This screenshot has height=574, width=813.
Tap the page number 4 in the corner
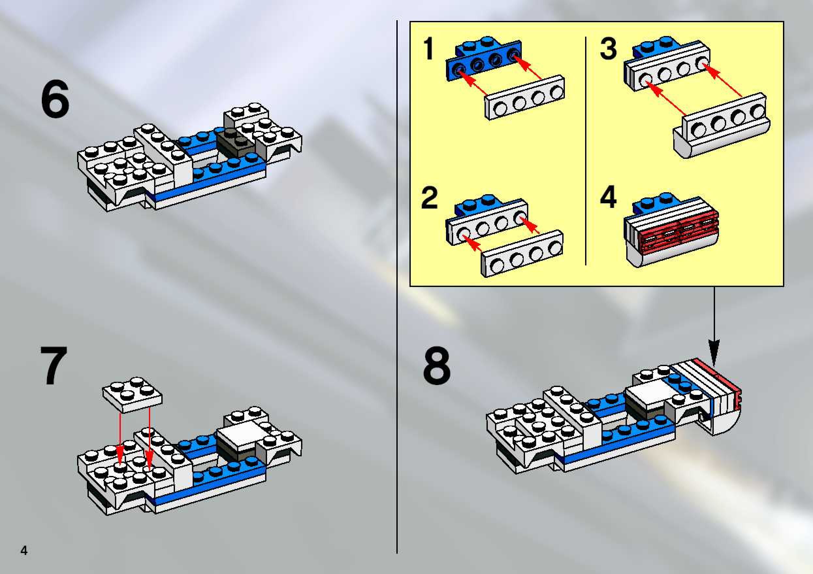[x=24, y=550]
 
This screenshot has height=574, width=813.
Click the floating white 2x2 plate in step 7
[x=133, y=394]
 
